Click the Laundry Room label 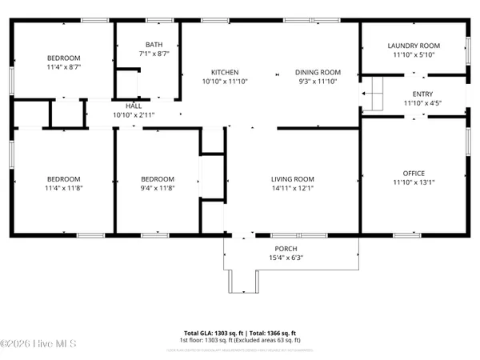tap(414, 46)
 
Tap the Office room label tap(414, 173)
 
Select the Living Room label tap(292, 179)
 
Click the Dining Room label tap(318, 72)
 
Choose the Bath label tap(154, 45)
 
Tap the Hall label tap(134, 106)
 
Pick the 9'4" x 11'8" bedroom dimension tap(158, 189)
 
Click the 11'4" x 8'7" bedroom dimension tap(63, 68)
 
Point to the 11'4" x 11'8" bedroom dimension tap(63, 189)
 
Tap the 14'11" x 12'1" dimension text tap(292, 190)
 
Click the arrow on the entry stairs tap(366, 94)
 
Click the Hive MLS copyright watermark tap(38, 344)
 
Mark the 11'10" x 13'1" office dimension tap(414, 183)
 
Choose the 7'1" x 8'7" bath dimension tap(154, 54)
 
